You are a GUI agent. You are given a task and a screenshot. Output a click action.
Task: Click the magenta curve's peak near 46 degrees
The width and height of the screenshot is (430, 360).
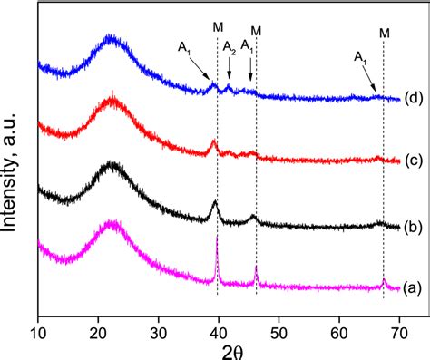(257, 268)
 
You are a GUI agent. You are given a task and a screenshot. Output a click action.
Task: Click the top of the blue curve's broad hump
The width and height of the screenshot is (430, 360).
(111, 38)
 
